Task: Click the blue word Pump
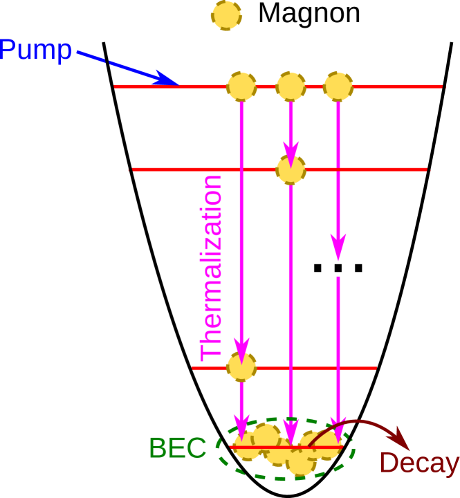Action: point(36,50)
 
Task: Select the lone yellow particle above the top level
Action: point(227,15)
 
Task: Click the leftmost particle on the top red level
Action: point(241,86)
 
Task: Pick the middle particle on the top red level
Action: point(291,86)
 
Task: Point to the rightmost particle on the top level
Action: point(338,86)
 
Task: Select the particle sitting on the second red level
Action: point(291,169)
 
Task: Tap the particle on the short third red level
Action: point(241,367)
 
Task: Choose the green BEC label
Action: point(178,448)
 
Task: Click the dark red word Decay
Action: point(419,463)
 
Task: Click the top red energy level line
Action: point(387,86)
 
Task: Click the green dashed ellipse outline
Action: point(217,450)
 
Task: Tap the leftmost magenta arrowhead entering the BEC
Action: point(241,423)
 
